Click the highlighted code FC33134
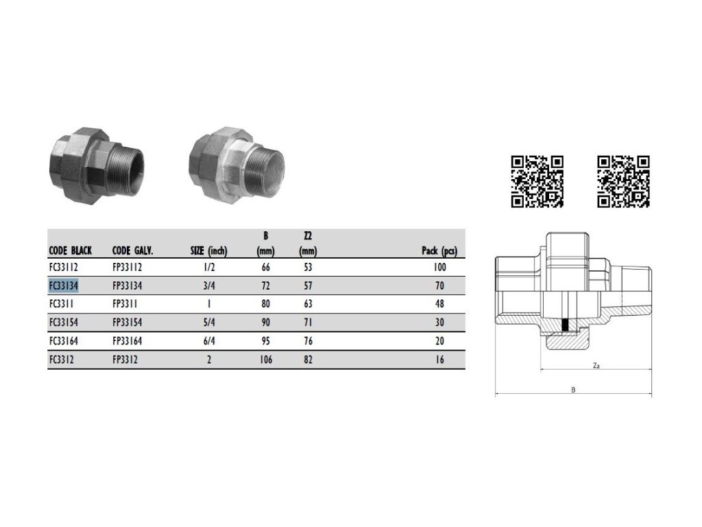pyautogui.click(x=64, y=285)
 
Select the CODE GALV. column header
pyautogui.click(x=132, y=250)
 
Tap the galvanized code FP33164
pyautogui.click(x=127, y=341)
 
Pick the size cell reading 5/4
pyautogui.click(x=209, y=323)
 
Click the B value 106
pyautogui.click(x=266, y=360)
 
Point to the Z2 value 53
pyautogui.click(x=308, y=267)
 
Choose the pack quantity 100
pyautogui.click(x=439, y=267)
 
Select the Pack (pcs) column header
pyautogui.click(x=439, y=250)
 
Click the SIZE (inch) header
pyautogui.click(x=208, y=250)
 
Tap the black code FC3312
pyautogui.click(x=62, y=360)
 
